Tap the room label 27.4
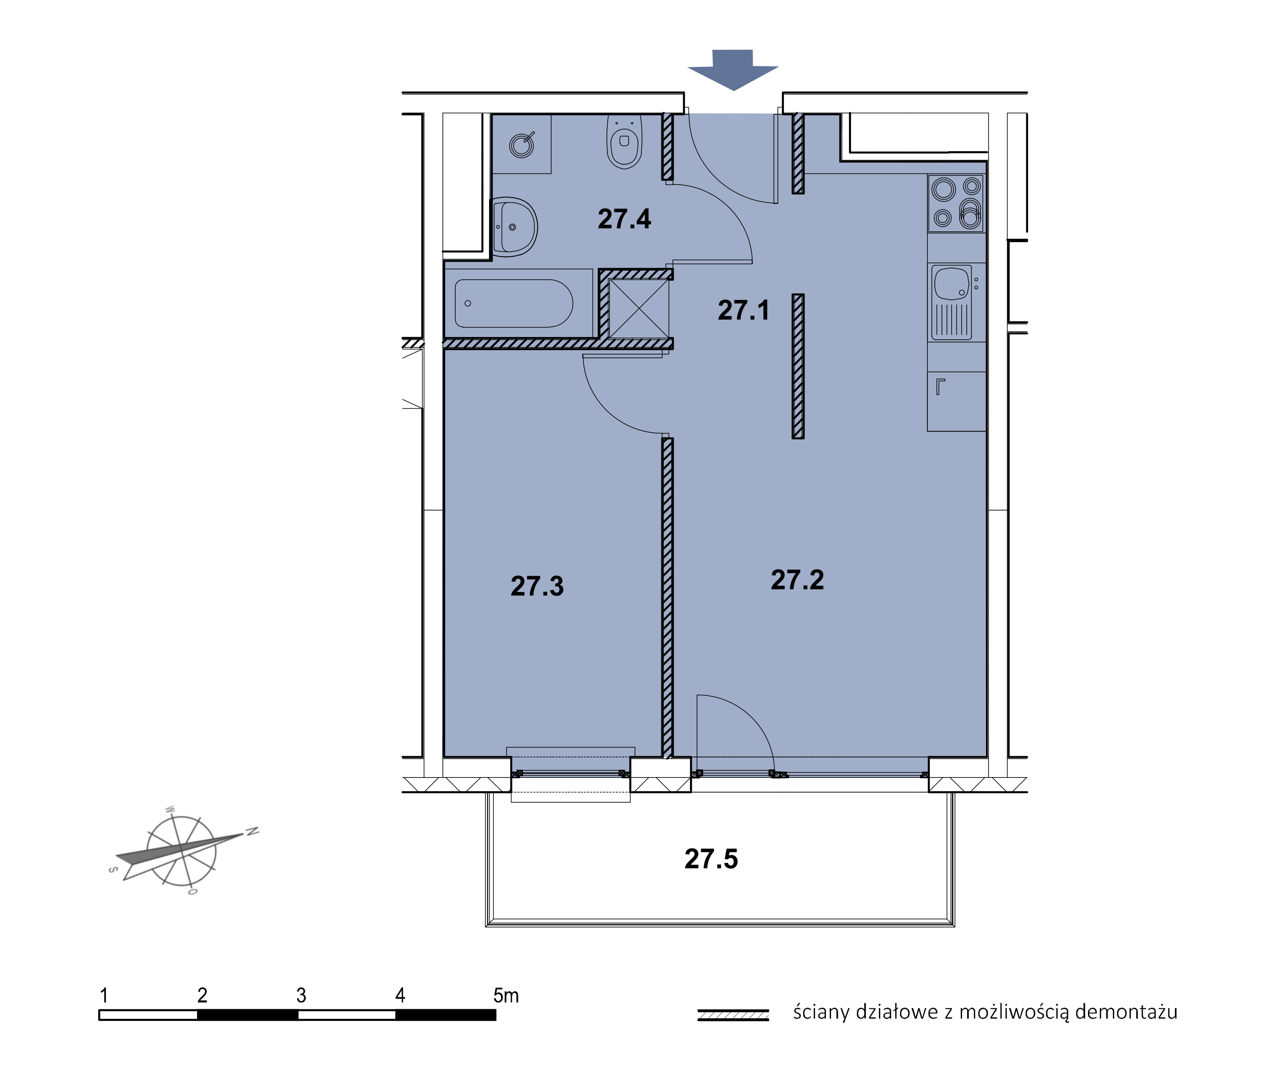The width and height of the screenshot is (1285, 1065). (624, 219)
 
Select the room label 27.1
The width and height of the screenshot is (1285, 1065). (744, 310)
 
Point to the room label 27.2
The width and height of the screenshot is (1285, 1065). (797, 580)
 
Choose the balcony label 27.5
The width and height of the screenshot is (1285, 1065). (711, 859)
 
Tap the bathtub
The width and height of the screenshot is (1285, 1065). (514, 304)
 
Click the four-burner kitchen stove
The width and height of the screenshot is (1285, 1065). (956, 203)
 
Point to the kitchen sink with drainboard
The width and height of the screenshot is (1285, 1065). (951, 302)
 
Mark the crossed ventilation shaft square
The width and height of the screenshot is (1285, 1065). (639, 308)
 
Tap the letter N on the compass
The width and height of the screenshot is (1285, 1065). (252, 831)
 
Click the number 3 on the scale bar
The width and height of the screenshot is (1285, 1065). (301, 995)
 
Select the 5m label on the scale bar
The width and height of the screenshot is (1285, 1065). (506, 995)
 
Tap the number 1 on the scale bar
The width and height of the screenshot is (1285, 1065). (104, 995)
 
